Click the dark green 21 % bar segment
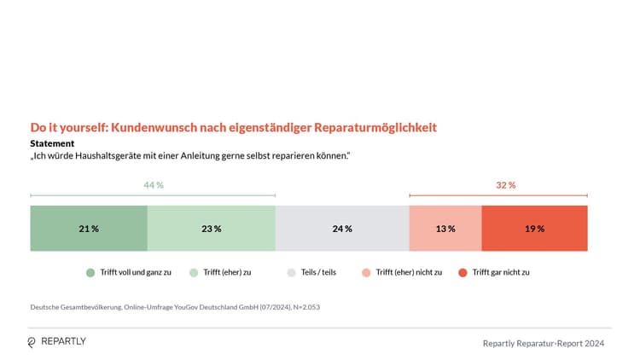(89, 229)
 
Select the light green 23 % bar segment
(212, 229)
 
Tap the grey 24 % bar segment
(342, 229)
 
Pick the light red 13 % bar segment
(445, 229)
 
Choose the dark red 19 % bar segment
(534, 229)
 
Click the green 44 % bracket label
(154, 185)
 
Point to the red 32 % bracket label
(506, 185)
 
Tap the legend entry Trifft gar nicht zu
(501, 272)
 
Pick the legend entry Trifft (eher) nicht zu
(409, 272)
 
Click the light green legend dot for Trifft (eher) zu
(194, 272)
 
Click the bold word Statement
(52, 143)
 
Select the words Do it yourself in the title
(66, 127)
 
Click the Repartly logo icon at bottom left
(32, 342)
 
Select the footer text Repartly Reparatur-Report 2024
(544, 343)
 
